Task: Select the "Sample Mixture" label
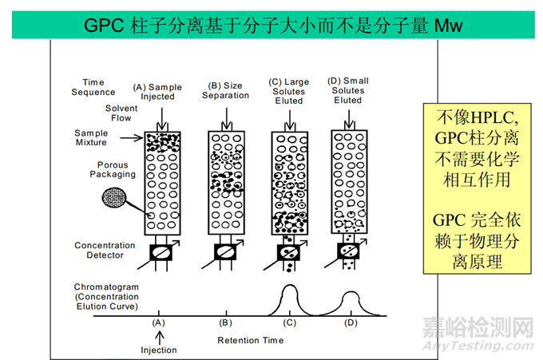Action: [x=96, y=138]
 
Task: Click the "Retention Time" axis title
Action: [x=249, y=341]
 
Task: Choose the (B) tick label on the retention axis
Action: [x=225, y=324]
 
